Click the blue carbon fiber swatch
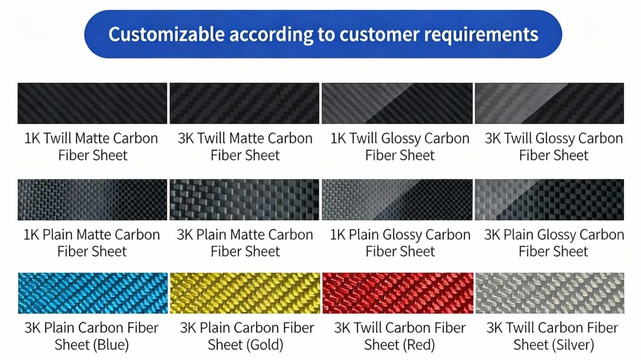click(x=93, y=293)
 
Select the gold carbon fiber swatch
click(x=245, y=293)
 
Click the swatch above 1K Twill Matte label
click(x=93, y=103)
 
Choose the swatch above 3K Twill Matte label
click(x=245, y=103)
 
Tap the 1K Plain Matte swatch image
click(x=93, y=200)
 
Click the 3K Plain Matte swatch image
click(x=245, y=200)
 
